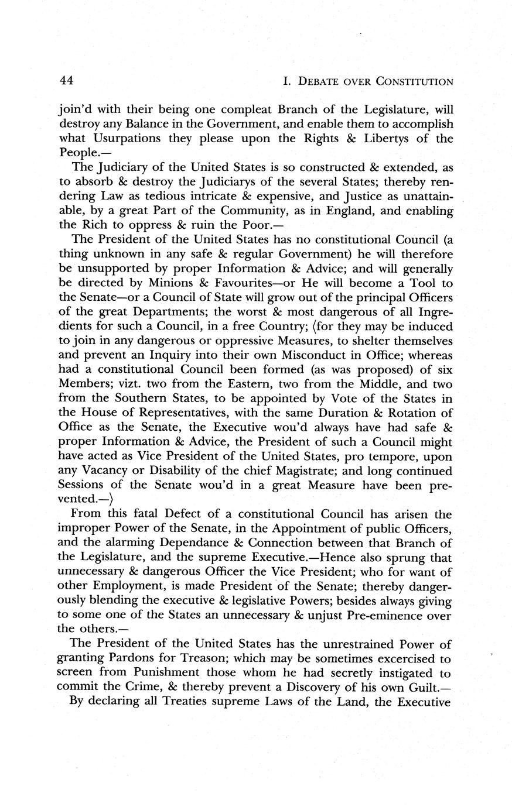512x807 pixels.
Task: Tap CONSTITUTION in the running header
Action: coord(416,82)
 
